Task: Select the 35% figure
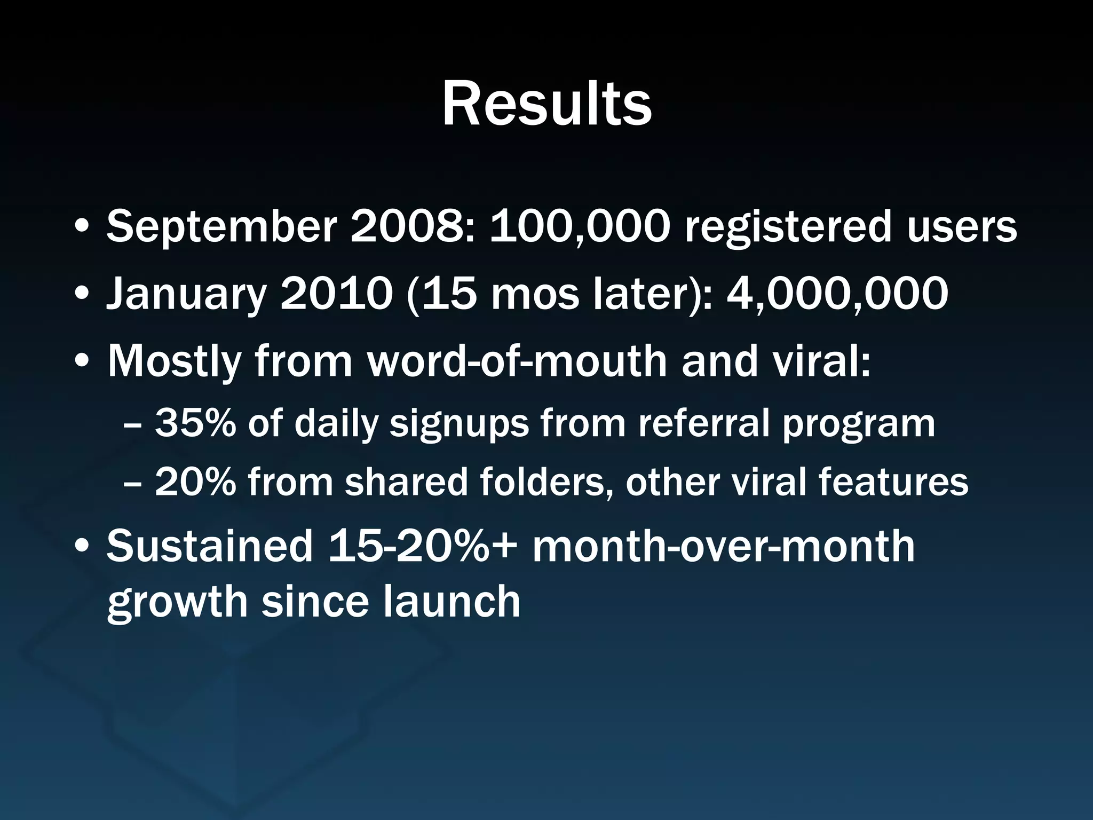[x=195, y=423]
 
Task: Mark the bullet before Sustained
[x=82, y=547]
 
